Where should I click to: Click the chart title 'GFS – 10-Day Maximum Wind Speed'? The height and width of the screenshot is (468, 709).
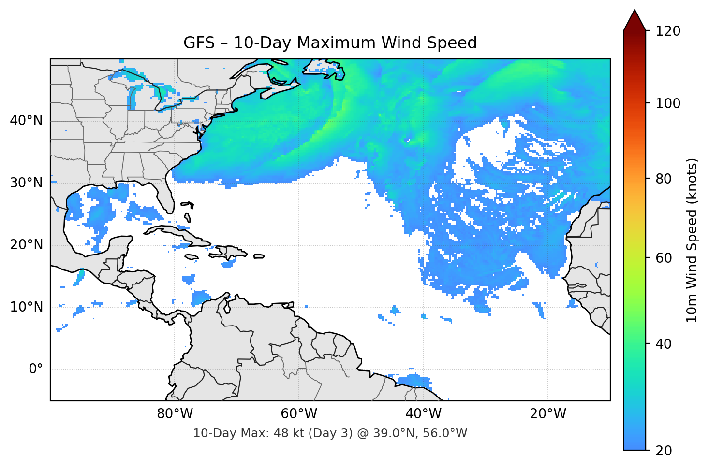tap(330, 43)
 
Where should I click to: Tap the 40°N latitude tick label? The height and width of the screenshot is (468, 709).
tap(26, 121)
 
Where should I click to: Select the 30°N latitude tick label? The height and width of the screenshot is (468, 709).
tap(26, 183)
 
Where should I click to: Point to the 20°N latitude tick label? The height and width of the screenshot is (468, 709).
tap(26, 245)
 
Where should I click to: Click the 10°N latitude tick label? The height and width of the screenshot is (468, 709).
tap(26, 307)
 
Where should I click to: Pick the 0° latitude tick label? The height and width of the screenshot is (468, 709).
tap(36, 369)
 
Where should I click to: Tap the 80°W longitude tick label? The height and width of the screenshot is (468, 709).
tap(175, 414)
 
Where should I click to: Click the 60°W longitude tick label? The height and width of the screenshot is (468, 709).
tap(299, 414)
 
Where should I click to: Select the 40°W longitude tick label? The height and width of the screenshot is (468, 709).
tap(423, 414)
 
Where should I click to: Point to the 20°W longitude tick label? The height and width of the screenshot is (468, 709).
tap(547, 414)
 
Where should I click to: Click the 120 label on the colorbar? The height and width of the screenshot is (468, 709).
tap(668, 31)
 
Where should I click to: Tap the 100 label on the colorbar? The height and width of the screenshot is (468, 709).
tap(668, 103)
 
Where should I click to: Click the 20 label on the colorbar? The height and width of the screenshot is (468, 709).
tap(664, 451)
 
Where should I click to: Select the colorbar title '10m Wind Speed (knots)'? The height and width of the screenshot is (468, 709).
tap(692, 240)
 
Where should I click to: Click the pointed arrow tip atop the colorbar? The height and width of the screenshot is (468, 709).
tap(635, 12)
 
